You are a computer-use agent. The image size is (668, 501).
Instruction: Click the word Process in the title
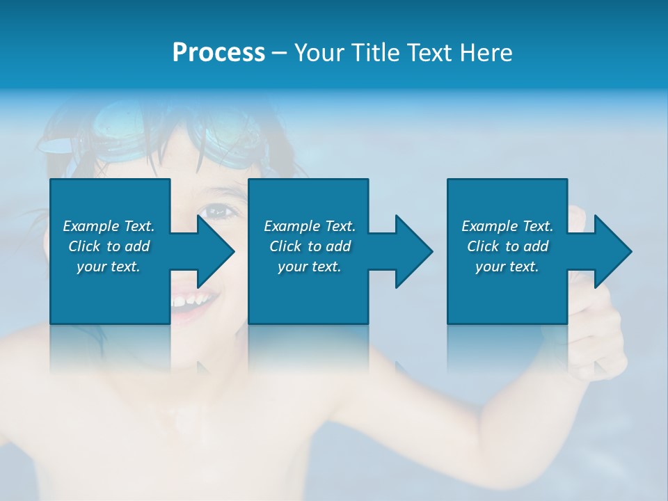pyautogui.click(x=218, y=53)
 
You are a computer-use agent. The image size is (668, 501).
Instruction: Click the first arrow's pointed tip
pyautogui.click(x=233, y=251)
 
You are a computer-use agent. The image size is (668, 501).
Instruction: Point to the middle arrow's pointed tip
pyautogui.click(x=431, y=251)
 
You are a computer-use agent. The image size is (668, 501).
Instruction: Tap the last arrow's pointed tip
pyautogui.click(x=630, y=251)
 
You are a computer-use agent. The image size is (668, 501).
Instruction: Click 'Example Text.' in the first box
pyautogui.click(x=109, y=226)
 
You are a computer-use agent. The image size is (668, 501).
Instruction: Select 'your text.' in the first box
pyautogui.click(x=109, y=267)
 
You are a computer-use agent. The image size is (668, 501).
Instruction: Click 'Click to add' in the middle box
pyautogui.click(x=310, y=246)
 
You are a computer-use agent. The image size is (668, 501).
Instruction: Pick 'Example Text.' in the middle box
pyautogui.click(x=310, y=226)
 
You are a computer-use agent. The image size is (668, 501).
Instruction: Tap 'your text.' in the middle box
pyautogui.click(x=310, y=267)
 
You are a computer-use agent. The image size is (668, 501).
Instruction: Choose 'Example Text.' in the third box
pyautogui.click(x=507, y=226)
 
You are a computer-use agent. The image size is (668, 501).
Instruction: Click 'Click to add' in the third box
pyautogui.click(x=507, y=246)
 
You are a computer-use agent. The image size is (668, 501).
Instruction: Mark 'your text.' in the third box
pyautogui.click(x=507, y=267)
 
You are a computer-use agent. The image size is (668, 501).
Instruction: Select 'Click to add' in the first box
pyautogui.click(x=109, y=246)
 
